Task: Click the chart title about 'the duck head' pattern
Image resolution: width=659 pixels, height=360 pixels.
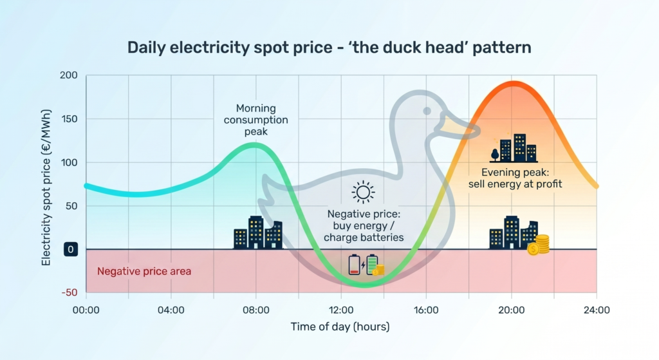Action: click(329, 48)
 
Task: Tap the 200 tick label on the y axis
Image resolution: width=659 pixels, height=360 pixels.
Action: click(69, 76)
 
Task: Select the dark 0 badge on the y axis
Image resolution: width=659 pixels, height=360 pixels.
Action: click(70, 250)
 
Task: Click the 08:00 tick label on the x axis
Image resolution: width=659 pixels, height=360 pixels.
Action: click(255, 310)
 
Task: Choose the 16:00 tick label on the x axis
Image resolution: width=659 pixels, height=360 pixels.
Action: click(426, 310)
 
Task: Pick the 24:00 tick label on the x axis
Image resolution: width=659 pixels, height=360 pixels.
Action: click(597, 310)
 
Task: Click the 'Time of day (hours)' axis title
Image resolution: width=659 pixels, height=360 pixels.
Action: click(340, 327)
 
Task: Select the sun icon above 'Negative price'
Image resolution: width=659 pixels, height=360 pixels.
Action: click(363, 191)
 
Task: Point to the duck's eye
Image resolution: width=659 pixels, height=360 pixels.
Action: click(427, 111)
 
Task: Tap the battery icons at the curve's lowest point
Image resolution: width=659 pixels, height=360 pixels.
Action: click(366, 265)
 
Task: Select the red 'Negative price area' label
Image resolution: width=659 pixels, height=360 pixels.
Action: click(144, 271)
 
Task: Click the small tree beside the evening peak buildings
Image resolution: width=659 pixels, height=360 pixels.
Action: click(494, 154)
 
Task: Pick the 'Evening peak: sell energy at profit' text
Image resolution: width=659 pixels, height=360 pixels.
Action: click(515, 178)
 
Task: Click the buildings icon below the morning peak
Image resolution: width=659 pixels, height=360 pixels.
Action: click(257, 232)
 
